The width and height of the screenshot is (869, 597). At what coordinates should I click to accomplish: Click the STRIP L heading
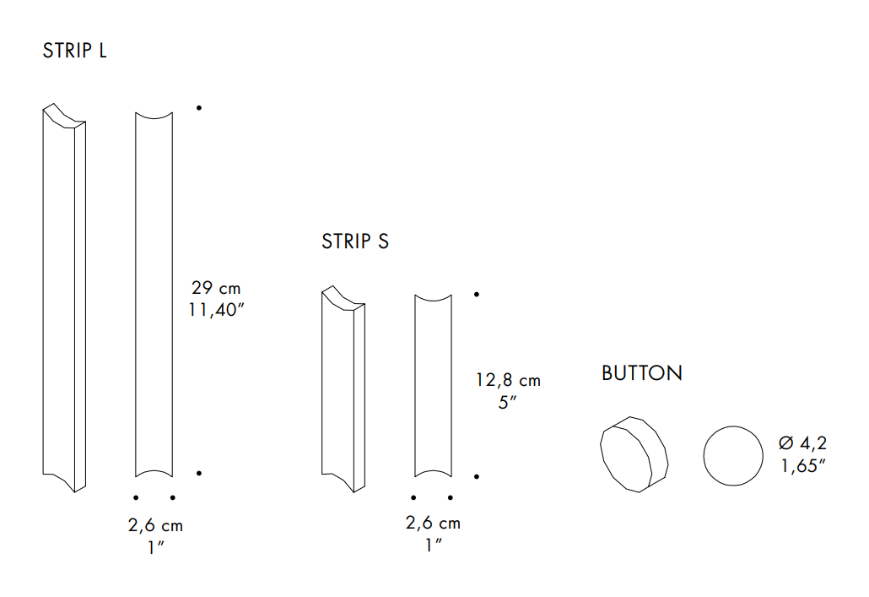pyautogui.click(x=74, y=51)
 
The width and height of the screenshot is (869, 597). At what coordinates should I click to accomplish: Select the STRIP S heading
pyautogui.click(x=355, y=242)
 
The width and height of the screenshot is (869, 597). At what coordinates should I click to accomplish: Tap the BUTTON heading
pyautogui.click(x=642, y=373)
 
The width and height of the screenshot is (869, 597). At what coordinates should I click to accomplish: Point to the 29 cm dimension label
pyautogui.click(x=216, y=288)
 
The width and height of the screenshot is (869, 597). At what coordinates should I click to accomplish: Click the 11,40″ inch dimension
pyautogui.click(x=216, y=310)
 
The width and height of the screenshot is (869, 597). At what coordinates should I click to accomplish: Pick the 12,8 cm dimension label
pyautogui.click(x=508, y=380)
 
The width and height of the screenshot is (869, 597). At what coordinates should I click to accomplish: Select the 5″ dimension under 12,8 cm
pyautogui.click(x=507, y=402)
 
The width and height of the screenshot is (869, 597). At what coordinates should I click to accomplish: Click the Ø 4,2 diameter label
pyautogui.click(x=802, y=442)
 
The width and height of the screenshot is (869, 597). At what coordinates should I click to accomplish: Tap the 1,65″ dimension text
pyautogui.click(x=803, y=465)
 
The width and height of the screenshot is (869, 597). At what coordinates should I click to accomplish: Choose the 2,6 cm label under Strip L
pyautogui.click(x=155, y=525)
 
